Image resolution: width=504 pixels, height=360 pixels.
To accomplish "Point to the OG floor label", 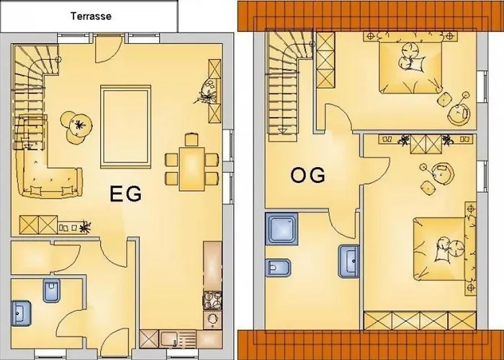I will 307,176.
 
